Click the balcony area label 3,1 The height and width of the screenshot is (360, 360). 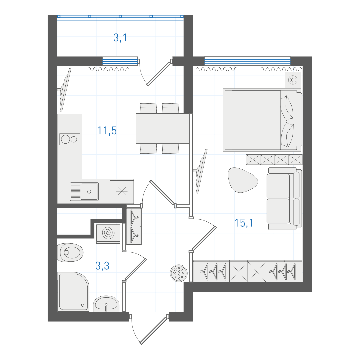[120, 38]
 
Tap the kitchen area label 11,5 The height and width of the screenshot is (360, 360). [107, 131]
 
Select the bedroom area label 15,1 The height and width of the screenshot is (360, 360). [244, 223]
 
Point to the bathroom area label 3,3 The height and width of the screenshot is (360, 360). [102, 266]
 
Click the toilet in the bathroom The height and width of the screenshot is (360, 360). [70, 253]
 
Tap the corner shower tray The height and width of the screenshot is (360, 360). [73, 292]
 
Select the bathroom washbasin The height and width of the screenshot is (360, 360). [106, 304]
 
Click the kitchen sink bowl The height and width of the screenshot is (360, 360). [89, 191]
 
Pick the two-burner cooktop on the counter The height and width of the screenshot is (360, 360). [70, 139]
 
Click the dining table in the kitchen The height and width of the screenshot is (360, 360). [162, 128]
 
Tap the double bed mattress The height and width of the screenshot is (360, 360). [253, 120]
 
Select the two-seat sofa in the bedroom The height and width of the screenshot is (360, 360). [284, 199]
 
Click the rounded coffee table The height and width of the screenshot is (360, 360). [242, 180]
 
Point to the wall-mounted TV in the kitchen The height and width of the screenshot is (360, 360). [65, 90]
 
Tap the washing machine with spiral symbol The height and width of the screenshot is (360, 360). [108, 234]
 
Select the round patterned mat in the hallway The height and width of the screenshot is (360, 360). [179, 273]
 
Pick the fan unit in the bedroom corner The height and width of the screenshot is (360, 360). [293, 80]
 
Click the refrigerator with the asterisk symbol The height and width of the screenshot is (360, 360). [122, 191]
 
